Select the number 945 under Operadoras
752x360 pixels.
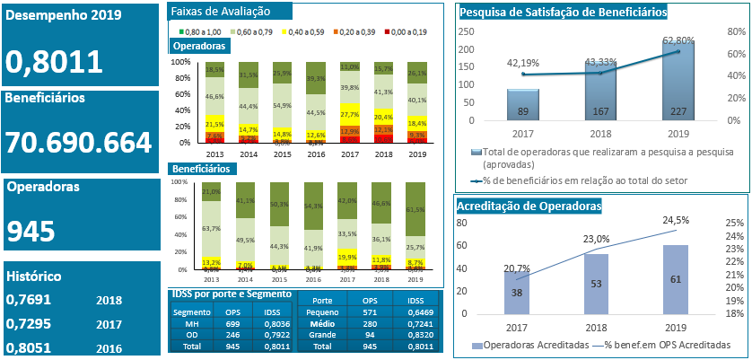(31, 232)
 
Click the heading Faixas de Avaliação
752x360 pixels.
(219, 12)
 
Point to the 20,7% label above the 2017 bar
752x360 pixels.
(515, 268)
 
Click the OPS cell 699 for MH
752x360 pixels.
(232, 311)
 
